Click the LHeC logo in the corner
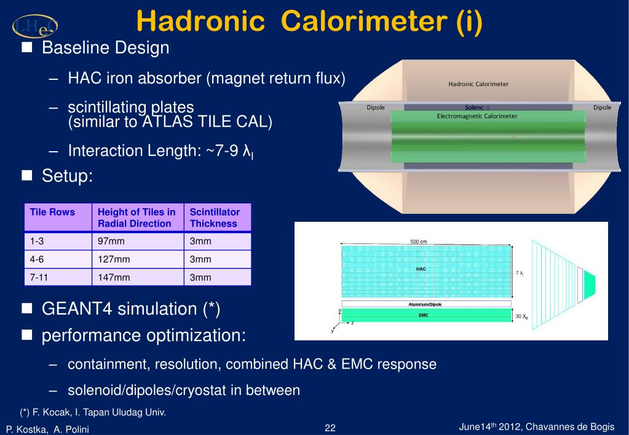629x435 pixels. tap(35, 26)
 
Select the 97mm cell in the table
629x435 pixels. tap(111, 241)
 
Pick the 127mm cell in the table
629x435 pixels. tap(114, 259)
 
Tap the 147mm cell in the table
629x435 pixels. tap(114, 277)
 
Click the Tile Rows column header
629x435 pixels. tap(52, 212)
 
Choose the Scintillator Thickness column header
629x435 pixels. tap(215, 217)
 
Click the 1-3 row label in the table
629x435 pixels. tap(36, 241)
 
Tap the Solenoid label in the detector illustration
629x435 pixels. tap(477, 108)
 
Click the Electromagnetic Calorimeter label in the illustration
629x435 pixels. tap(477, 116)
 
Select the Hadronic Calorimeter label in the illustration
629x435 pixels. tap(478, 84)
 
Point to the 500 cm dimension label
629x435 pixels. tap(418, 241)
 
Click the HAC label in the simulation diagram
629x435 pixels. tap(421, 269)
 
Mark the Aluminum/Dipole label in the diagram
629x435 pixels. tap(425, 304)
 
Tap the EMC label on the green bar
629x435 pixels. tap(423, 315)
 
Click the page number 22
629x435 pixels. tap(330, 428)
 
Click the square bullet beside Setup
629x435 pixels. tap(27, 175)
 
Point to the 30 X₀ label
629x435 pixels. tap(521, 316)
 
